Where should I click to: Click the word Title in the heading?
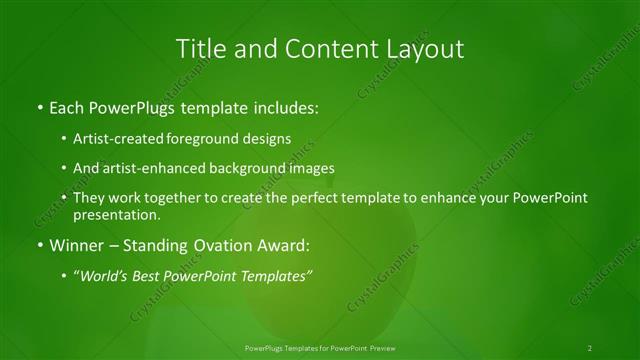pos(199,47)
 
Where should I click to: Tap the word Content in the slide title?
pos(328,47)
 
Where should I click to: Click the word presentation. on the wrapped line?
pos(117,214)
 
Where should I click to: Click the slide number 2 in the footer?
pos(590,347)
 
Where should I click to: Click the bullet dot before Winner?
pos(39,244)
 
